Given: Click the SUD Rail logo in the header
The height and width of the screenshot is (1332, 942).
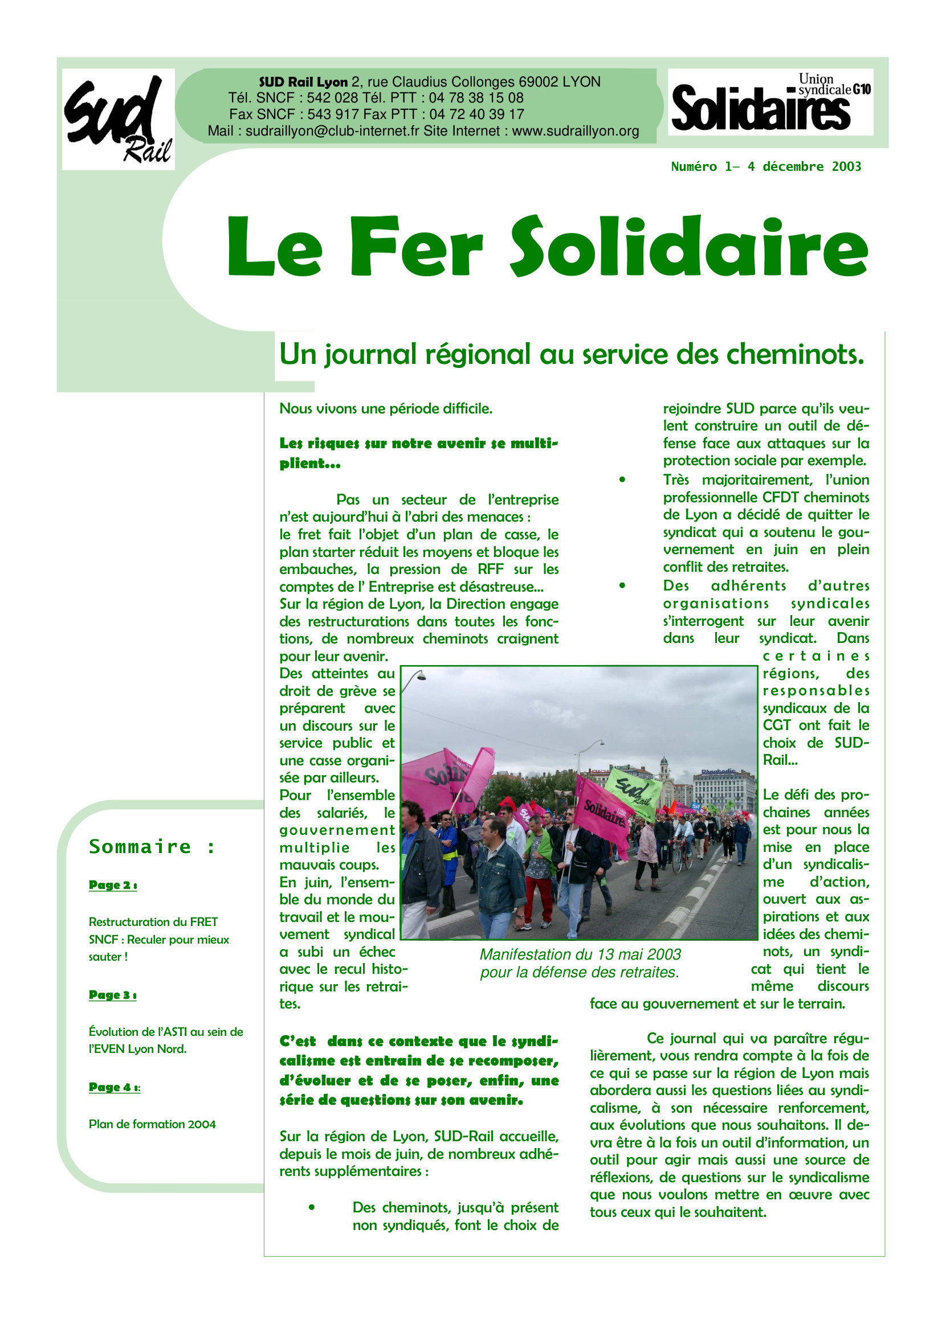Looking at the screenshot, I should click(119, 120).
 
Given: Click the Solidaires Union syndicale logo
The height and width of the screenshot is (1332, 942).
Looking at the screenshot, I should click(770, 103).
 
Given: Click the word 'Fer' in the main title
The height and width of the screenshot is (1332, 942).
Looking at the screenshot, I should click(415, 247).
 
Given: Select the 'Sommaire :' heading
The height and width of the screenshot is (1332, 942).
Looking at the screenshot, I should click(152, 847).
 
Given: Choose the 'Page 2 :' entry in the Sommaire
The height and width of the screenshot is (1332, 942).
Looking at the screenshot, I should click(113, 885).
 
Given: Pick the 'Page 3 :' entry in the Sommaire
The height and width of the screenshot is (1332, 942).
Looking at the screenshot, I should click(113, 995).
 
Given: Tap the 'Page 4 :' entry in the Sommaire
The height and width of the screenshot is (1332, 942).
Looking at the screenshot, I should click(115, 1087).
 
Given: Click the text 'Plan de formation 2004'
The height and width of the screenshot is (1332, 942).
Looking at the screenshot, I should click(152, 1124).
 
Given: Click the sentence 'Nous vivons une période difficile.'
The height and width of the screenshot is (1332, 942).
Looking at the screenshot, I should click(386, 409).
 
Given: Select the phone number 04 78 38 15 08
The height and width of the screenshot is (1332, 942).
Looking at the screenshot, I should click(476, 98).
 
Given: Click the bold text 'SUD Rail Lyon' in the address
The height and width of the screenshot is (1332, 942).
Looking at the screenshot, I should click(303, 83).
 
